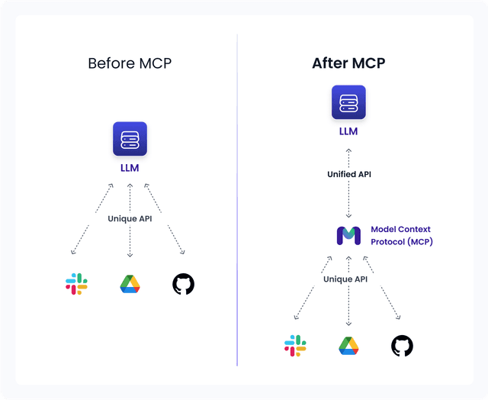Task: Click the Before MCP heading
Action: click(130, 63)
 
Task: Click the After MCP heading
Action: click(348, 63)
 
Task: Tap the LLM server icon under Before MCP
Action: click(130, 139)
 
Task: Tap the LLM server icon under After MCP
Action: click(348, 102)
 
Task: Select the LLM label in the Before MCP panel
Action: click(130, 168)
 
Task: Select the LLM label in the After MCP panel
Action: click(348, 131)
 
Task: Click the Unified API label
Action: click(348, 174)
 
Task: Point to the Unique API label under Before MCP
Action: click(130, 218)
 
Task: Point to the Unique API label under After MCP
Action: click(348, 279)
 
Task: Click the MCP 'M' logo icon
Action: click(348, 235)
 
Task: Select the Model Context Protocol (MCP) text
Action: click(401, 235)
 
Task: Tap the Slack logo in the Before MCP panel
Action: click(76, 284)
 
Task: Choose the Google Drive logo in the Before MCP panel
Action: click(130, 284)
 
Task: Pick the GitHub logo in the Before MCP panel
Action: click(183, 284)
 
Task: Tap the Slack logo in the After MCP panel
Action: click(295, 346)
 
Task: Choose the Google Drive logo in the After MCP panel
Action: click(348, 346)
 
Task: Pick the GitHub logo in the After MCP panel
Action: click(402, 346)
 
